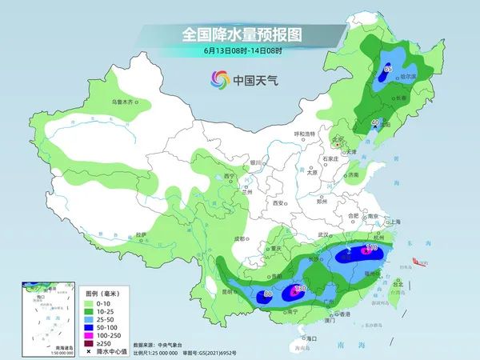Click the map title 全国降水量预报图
[239, 34]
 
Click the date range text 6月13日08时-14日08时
[239, 52]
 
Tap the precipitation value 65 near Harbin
[387, 70]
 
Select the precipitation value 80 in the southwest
[267, 295]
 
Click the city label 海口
[303, 339]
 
